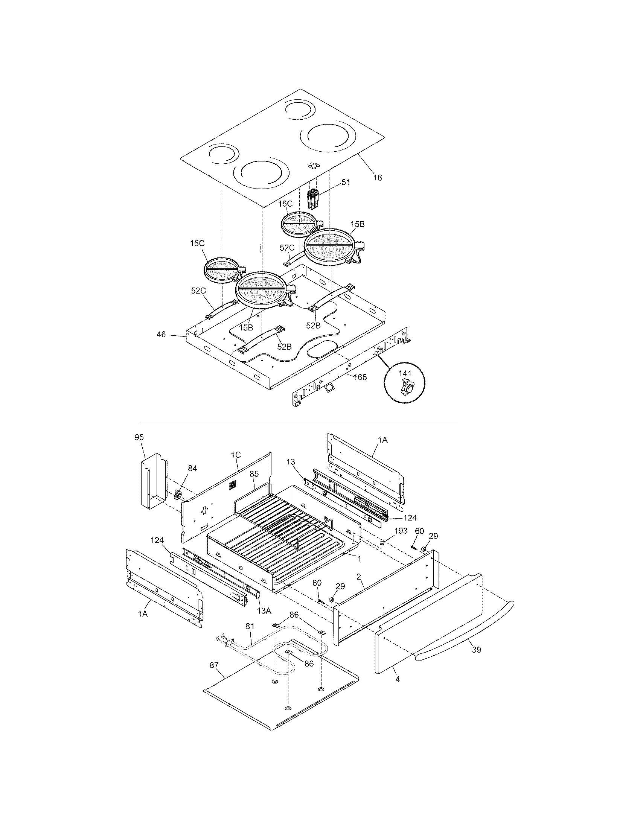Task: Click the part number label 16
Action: [377, 177]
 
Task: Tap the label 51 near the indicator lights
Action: [346, 182]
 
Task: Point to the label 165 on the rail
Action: [360, 377]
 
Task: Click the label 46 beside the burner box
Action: [161, 334]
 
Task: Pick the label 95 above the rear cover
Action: [139, 437]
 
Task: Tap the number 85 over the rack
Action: [254, 473]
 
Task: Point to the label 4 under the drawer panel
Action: [397, 679]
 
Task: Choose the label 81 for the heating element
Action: [250, 626]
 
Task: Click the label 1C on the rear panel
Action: [236, 454]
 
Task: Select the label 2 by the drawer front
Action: [358, 576]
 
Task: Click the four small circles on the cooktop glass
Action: [314, 165]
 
